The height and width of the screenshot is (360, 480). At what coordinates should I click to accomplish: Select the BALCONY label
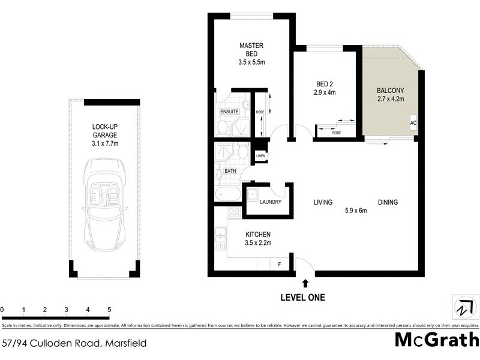[389, 91]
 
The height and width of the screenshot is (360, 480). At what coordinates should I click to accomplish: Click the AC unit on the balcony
[413, 123]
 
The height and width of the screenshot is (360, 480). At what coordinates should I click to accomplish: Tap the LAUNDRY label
[271, 202]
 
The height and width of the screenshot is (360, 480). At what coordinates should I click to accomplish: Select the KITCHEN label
[259, 234]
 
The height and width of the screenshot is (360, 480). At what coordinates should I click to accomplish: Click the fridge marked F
[279, 264]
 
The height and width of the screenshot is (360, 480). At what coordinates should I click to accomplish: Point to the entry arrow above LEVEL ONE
[305, 283]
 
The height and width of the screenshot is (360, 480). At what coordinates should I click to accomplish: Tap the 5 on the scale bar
[109, 310]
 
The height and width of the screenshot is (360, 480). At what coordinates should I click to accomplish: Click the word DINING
[388, 202]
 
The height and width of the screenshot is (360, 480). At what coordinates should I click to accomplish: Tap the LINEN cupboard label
[260, 156]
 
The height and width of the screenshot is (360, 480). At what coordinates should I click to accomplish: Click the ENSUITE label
[230, 112]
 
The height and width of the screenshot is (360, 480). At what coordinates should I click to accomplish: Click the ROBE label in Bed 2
[337, 132]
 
